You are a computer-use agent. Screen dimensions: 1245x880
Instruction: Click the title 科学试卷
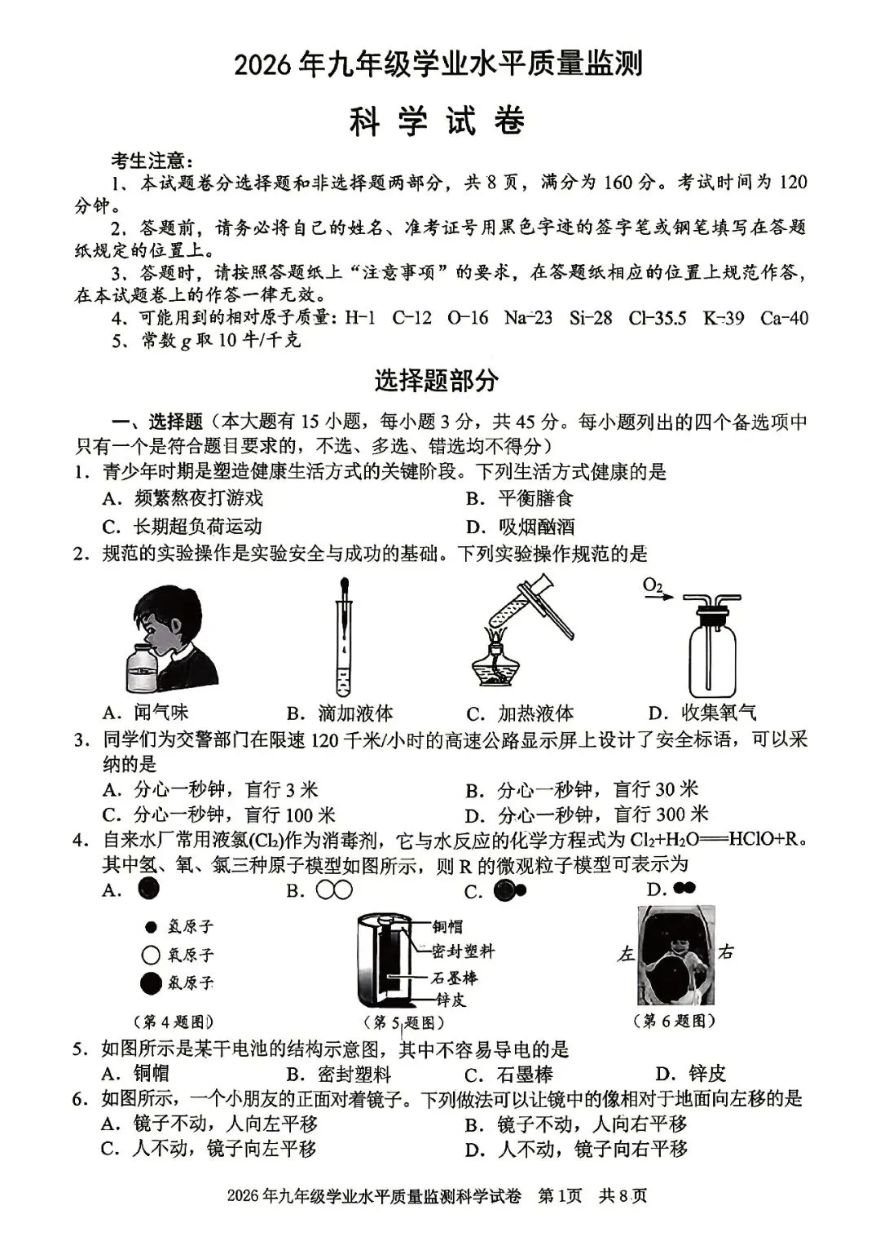tap(438, 121)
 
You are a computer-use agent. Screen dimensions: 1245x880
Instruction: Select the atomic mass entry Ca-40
tap(783, 318)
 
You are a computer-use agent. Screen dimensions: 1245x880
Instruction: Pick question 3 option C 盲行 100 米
tap(219, 815)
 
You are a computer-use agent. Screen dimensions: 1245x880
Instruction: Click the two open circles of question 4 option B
tap(334, 890)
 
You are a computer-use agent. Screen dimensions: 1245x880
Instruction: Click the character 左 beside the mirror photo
tap(626, 953)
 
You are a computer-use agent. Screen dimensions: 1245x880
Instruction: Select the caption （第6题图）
tap(674, 1020)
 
